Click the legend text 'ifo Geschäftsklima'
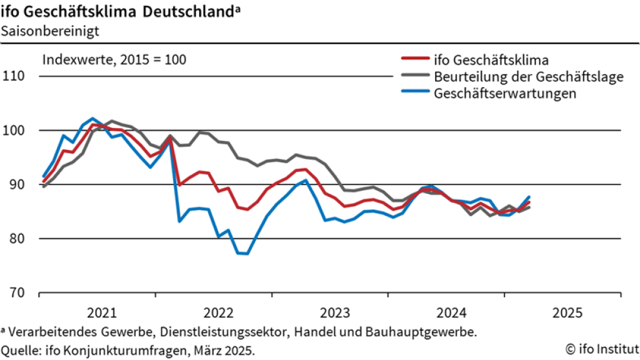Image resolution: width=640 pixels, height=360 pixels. click(492, 61)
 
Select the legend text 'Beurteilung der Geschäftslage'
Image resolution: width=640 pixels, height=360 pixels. click(529, 77)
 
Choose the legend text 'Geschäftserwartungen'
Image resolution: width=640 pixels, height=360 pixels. click(506, 93)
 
